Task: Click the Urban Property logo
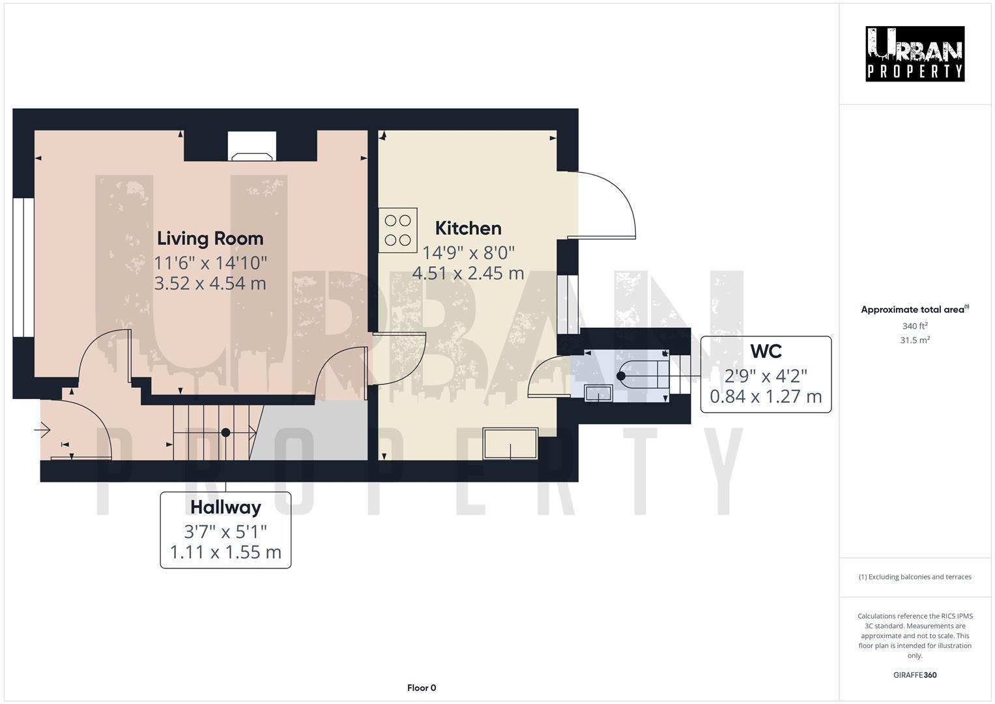(914, 53)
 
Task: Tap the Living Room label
(210, 239)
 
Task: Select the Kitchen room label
(468, 228)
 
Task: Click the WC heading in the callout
(766, 351)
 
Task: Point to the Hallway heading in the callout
(225, 507)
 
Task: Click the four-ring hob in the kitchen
(398, 230)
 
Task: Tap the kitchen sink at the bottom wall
(510, 443)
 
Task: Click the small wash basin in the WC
(598, 393)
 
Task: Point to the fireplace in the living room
(252, 147)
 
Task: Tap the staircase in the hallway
(215, 432)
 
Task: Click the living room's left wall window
(23, 267)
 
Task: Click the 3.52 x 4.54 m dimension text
(210, 284)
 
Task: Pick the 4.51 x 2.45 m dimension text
(468, 273)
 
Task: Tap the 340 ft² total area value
(914, 326)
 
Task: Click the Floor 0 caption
(421, 688)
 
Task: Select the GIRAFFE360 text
(914, 675)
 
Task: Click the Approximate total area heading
(914, 310)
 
